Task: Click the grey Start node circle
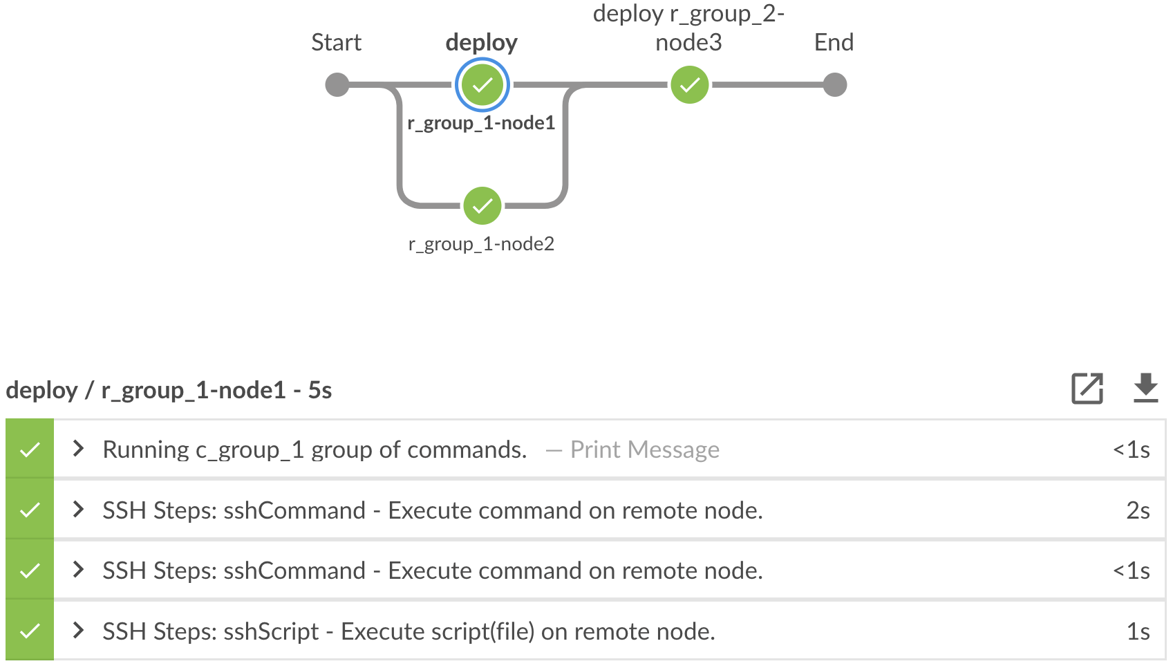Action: click(x=337, y=85)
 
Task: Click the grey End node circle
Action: click(x=835, y=85)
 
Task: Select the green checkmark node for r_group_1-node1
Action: click(x=482, y=85)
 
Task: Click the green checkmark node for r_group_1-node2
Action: click(x=482, y=206)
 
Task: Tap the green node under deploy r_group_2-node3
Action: click(x=690, y=85)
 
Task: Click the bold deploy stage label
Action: click(x=481, y=43)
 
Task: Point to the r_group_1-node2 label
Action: click(x=481, y=244)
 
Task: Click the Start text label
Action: click(x=336, y=43)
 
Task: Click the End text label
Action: click(x=834, y=43)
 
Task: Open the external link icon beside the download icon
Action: click(x=1087, y=389)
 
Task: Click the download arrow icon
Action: click(x=1145, y=389)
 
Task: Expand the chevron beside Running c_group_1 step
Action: click(x=78, y=449)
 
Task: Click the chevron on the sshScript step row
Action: click(x=78, y=631)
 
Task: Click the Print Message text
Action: click(x=644, y=450)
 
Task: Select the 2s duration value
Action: click(x=1138, y=510)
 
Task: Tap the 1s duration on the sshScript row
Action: click(x=1138, y=631)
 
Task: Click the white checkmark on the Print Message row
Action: click(x=30, y=450)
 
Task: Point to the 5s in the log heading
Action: click(x=320, y=391)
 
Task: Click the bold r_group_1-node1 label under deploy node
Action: click(x=481, y=123)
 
